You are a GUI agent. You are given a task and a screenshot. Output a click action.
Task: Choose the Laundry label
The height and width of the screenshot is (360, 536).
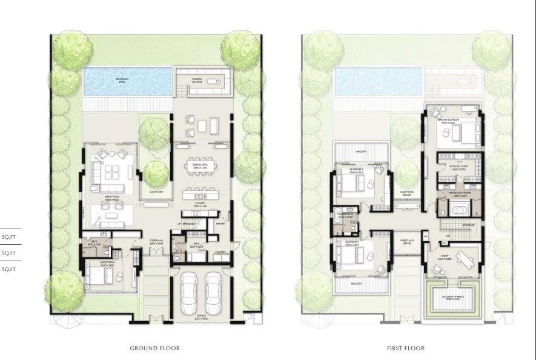(219, 252)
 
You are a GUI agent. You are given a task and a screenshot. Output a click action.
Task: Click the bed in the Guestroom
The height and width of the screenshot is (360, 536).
(97, 278)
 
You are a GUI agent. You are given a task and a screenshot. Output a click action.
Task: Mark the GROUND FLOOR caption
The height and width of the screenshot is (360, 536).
(155, 348)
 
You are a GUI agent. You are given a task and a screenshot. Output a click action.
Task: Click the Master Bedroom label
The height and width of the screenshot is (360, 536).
(449, 120)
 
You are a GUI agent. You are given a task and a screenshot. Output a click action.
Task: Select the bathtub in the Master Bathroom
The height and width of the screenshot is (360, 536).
(458, 210)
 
